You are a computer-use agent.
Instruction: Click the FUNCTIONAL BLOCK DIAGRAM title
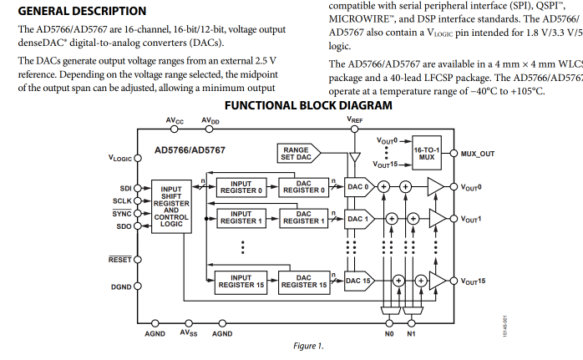308,105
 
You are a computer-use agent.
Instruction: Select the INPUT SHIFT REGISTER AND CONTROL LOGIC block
171,207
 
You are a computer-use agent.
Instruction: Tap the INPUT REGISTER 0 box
241,186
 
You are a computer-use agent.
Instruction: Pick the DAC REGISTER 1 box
304,218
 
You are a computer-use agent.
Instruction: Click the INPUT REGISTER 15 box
241,281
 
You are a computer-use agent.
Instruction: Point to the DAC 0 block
358,186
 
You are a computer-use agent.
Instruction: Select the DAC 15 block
359,281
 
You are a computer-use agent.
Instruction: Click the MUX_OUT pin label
478,154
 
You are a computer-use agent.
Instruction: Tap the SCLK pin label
122,201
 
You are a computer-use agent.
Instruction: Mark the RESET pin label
121,261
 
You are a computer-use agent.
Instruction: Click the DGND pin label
121,286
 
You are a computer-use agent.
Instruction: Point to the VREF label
355,120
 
